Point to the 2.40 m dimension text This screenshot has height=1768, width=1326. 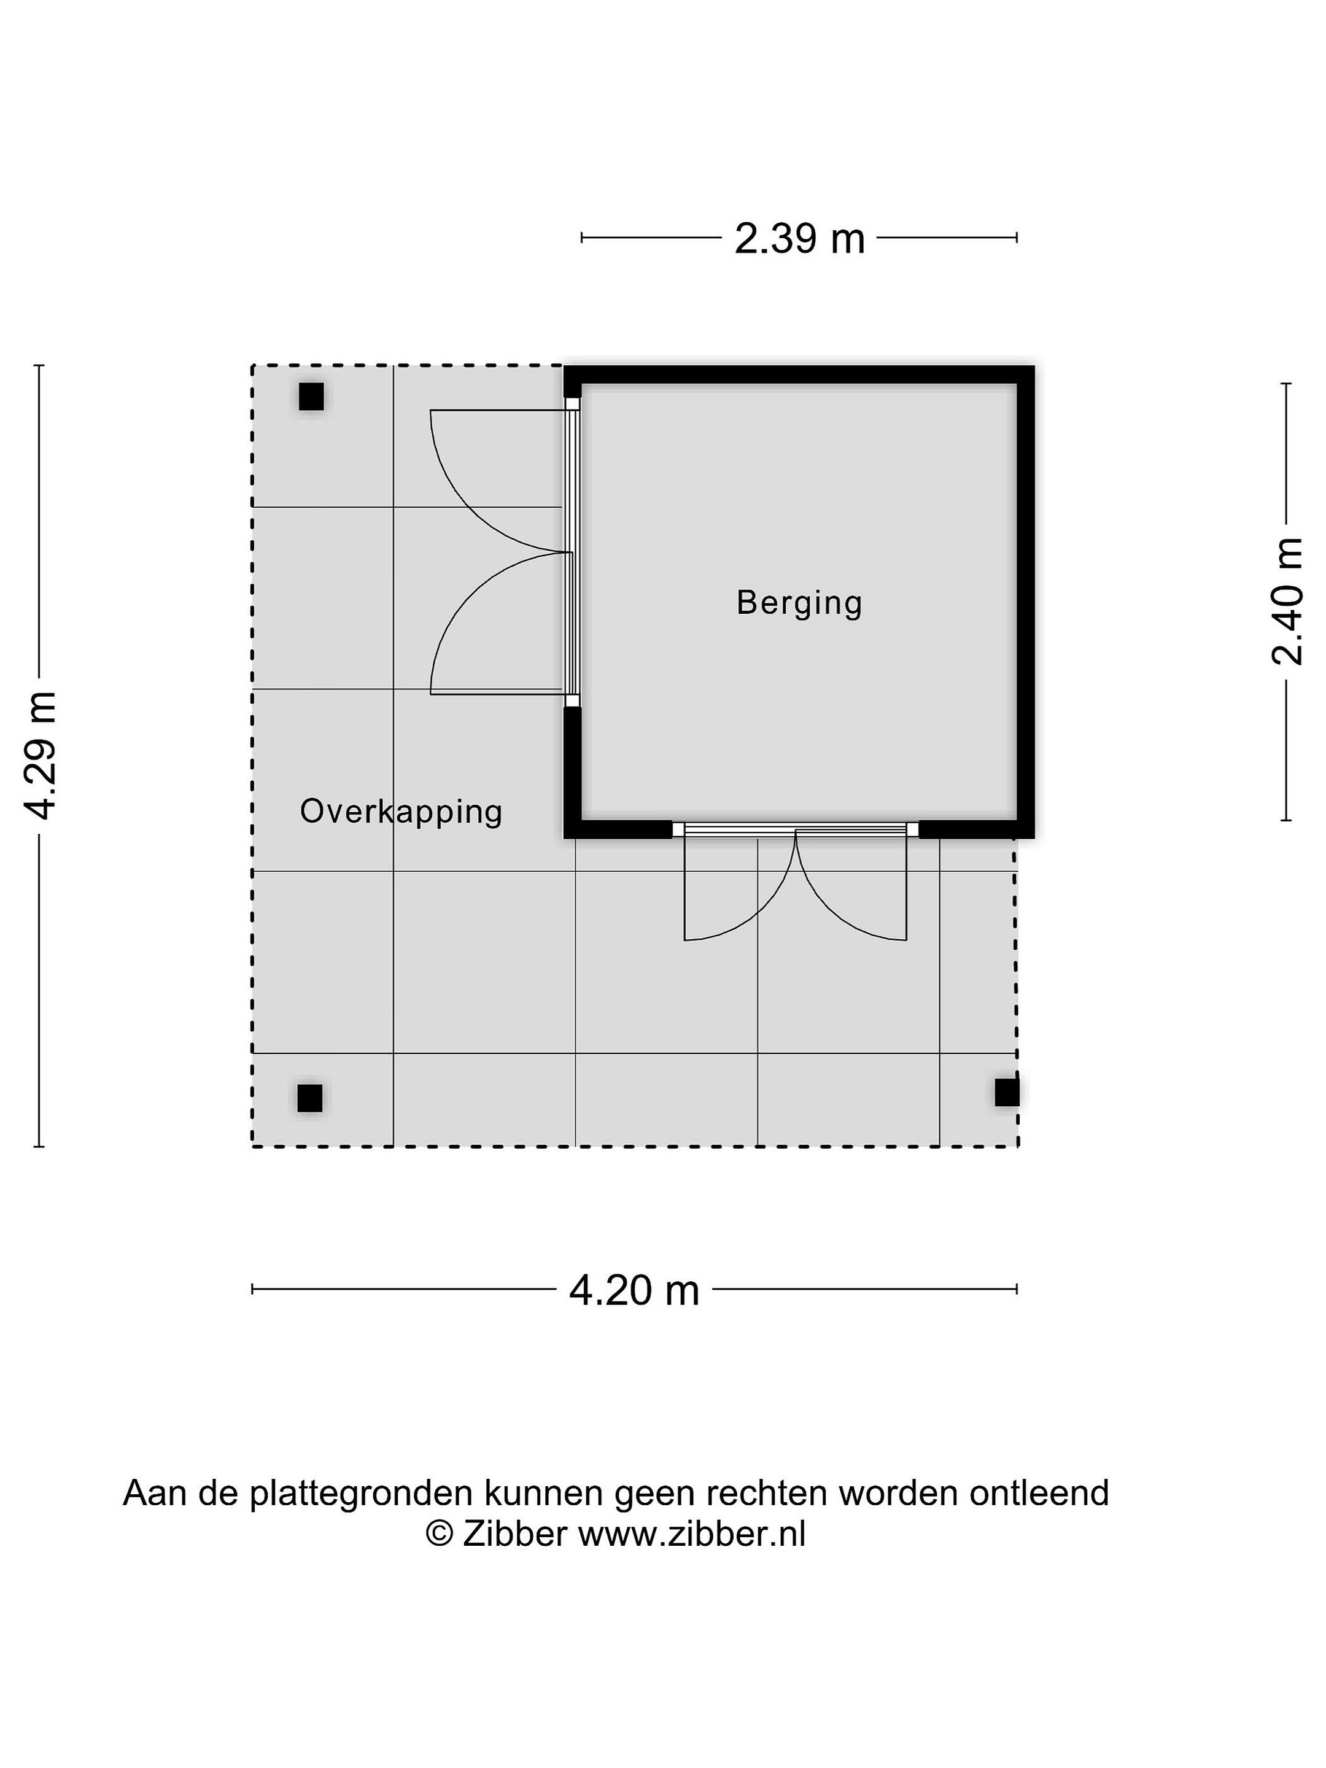(x=1287, y=602)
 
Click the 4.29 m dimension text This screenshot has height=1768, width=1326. (x=40, y=755)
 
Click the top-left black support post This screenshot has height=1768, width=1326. (x=311, y=397)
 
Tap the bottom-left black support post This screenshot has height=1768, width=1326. (x=310, y=1098)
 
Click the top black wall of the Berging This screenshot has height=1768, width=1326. (x=799, y=374)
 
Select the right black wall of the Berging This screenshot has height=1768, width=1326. (x=1026, y=602)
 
